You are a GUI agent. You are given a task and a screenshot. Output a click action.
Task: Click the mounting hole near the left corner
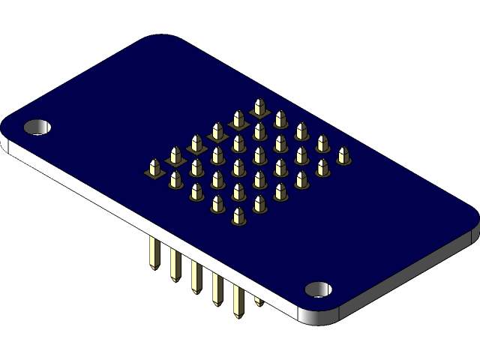point(38,127)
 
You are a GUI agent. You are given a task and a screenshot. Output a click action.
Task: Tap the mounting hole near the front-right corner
point(319,289)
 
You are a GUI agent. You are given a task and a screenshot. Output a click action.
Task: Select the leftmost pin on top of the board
point(154,168)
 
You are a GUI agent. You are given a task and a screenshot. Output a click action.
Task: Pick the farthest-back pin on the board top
point(259,107)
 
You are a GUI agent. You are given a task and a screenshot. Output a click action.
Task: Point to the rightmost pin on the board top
point(343,155)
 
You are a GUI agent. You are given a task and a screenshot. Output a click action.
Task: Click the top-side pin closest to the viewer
point(238,217)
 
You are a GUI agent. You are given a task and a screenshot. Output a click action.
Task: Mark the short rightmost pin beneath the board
point(258,301)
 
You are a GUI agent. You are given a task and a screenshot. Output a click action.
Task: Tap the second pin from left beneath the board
point(175,265)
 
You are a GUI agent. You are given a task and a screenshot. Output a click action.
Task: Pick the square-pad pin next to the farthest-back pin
point(238,119)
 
